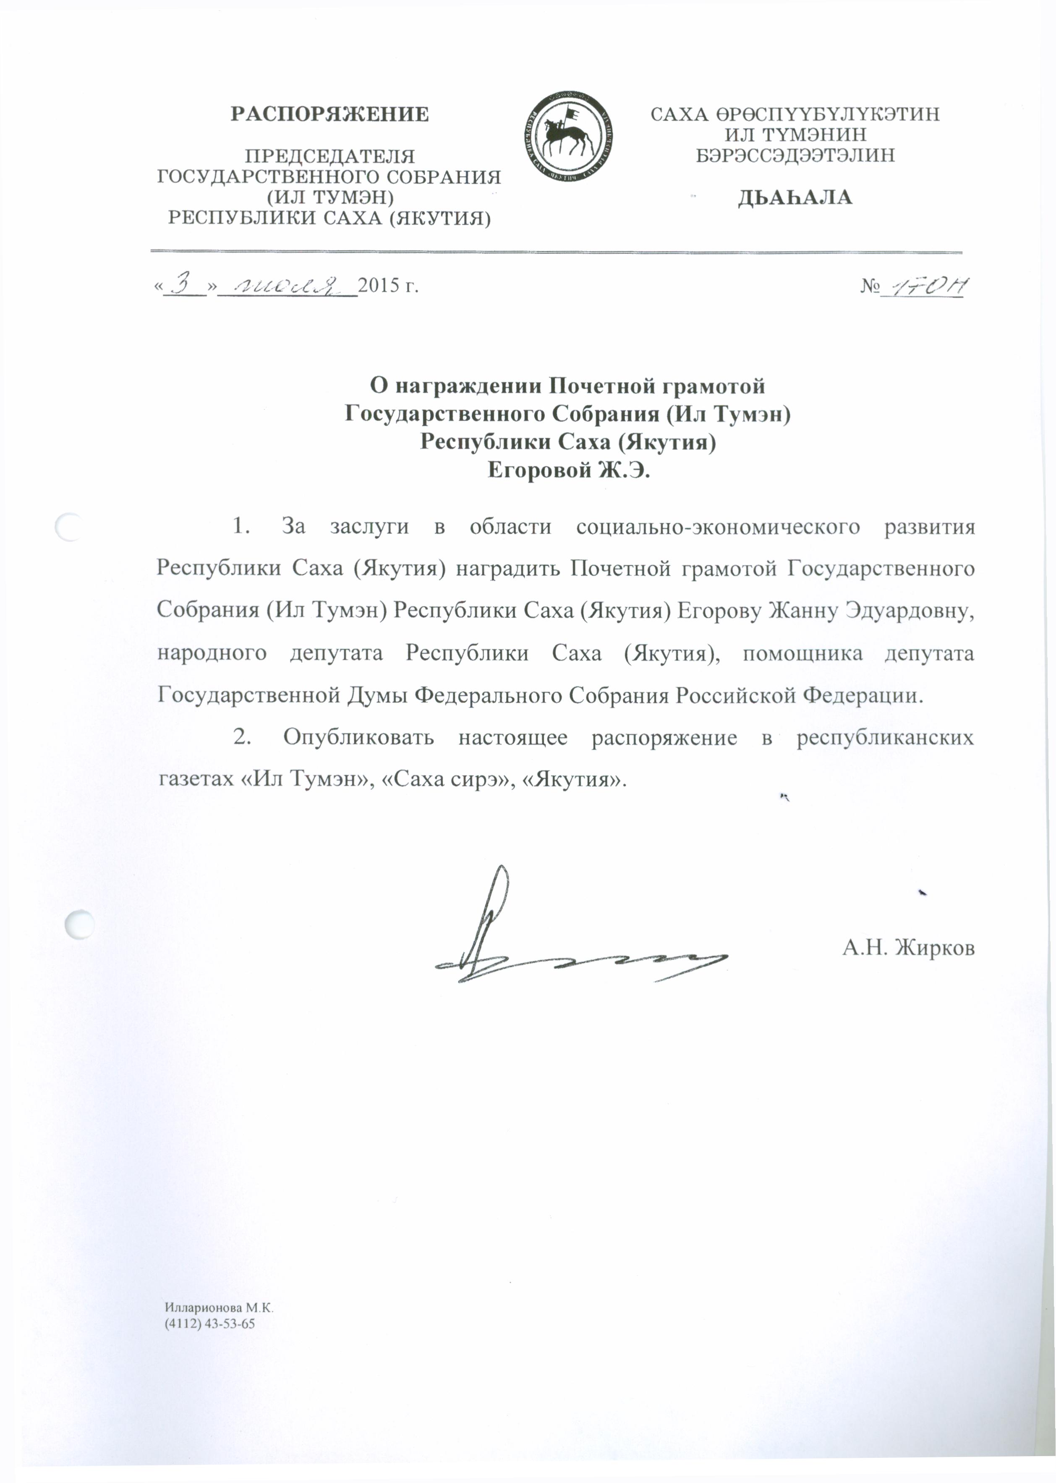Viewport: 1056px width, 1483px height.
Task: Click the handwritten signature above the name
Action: click(546, 943)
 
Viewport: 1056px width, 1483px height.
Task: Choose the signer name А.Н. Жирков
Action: click(908, 948)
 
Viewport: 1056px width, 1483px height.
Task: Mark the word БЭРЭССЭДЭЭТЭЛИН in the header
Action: click(795, 155)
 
